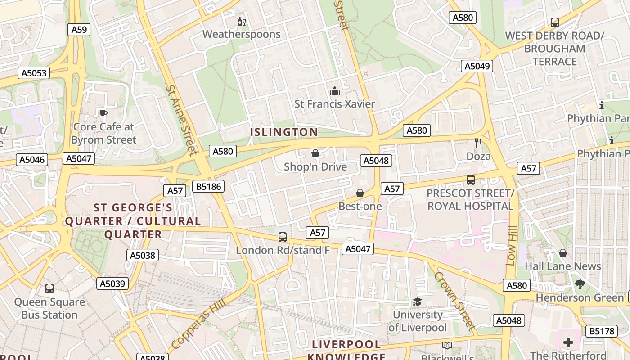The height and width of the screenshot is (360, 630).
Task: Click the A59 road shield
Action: [x=79, y=30]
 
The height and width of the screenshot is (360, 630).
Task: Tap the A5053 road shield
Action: [x=34, y=73]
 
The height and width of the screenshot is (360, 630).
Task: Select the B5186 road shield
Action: [x=208, y=186]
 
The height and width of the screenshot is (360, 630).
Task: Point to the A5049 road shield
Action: [x=477, y=66]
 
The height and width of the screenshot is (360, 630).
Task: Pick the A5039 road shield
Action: [x=112, y=283]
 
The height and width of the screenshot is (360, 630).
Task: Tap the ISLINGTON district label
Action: [x=284, y=132]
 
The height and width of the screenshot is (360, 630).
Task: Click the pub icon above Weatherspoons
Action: [x=242, y=21]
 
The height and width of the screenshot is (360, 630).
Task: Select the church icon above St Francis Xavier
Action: [x=334, y=91]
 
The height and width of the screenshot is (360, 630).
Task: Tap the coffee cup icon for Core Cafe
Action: [x=103, y=113]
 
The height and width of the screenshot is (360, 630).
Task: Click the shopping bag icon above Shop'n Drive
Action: [x=315, y=154]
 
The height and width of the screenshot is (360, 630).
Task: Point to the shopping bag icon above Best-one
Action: [x=360, y=193]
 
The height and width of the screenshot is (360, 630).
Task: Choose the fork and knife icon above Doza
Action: [x=478, y=143]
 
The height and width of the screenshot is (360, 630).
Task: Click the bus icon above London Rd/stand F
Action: [x=283, y=237]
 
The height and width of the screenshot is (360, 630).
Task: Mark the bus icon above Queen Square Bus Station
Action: [x=49, y=288]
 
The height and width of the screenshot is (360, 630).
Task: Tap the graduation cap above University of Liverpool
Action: [x=418, y=301]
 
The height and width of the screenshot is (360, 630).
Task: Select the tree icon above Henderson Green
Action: [x=580, y=284]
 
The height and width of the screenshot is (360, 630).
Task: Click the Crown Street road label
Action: [x=455, y=301]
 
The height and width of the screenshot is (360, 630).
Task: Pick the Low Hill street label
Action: [x=511, y=245]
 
